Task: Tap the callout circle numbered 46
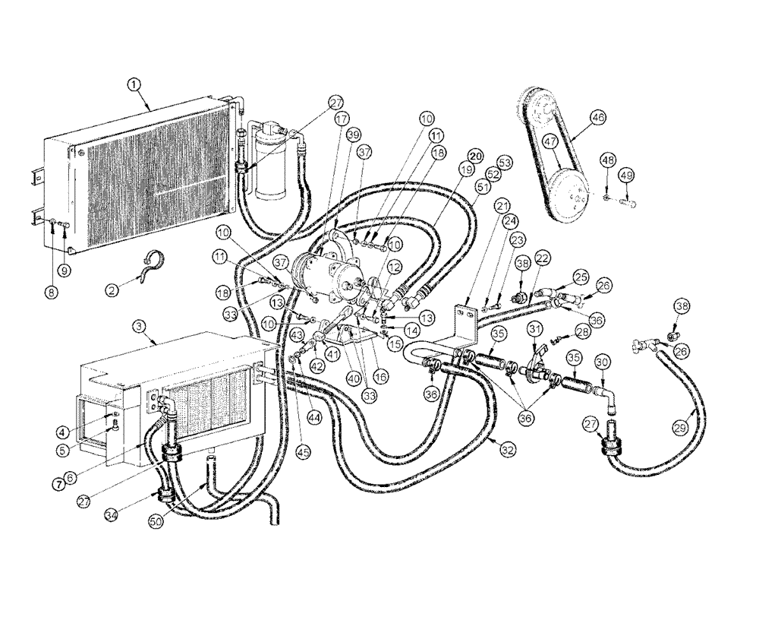[598, 118]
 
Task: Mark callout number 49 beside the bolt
[626, 176]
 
